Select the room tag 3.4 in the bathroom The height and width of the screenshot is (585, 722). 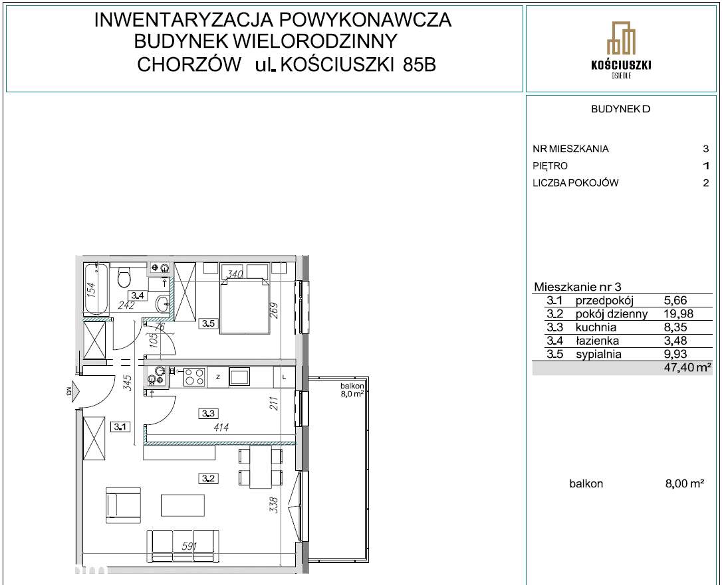[138, 295]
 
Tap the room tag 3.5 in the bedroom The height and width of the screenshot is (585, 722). [207, 324]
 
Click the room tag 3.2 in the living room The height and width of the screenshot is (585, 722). [208, 477]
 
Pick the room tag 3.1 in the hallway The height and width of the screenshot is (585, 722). [120, 428]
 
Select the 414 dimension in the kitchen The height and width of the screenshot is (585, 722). [221, 428]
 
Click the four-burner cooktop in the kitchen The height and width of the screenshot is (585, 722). [194, 377]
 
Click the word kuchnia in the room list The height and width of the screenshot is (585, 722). [596, 327]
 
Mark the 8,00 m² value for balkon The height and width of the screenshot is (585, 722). [684, 484]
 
